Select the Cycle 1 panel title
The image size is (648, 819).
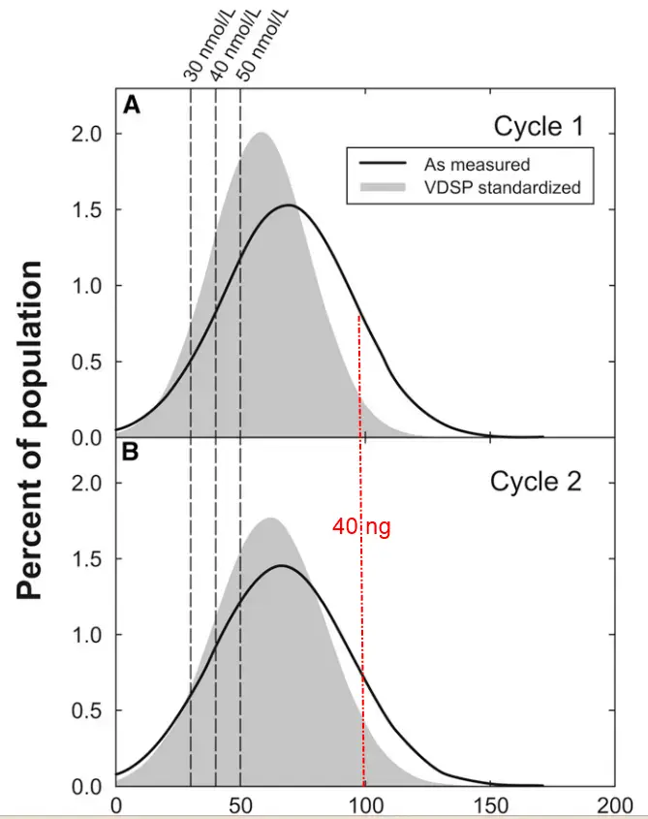pyautogui.click(x=538, y=127)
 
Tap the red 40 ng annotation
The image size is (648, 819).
pyautogui.click(x=361, y=527)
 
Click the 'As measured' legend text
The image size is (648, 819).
pyautogui.click(x=477, y=164)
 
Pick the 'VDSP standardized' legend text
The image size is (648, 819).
pyautogui.click(x=502, y=187)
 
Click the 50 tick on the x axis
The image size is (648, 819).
pyautogui.click(x=240, y=805)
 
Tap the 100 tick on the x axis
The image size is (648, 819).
pyautogui.click(x=364, y=805)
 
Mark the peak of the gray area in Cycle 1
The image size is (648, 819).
pyautogui.click(x=260, y=134)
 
